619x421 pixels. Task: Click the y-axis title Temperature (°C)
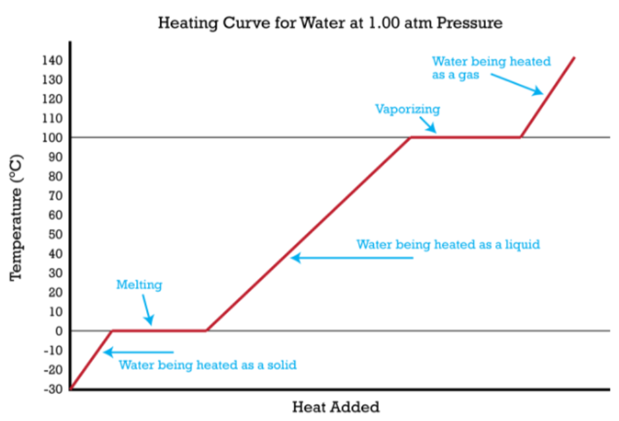coord(18,217)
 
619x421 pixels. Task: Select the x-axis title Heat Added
coord(335,407)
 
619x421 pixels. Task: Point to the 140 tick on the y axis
coord(53,60)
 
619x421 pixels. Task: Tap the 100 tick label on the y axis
coord(53,138)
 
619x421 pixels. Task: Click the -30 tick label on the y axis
coord(52,389)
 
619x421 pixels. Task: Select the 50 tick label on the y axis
coord(55,234)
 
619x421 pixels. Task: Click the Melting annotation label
coord(139,284)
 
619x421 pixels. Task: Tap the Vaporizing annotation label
coord(407,109)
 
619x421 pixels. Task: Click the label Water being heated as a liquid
coord(448,245)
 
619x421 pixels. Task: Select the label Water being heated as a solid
coord(208,365)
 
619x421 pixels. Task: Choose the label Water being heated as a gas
coord(491,68)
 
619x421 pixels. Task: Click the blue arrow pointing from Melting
coord(147,309)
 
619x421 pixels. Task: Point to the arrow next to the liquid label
coord(351,258)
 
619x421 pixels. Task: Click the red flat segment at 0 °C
coord(159,331)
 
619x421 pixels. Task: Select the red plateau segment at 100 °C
coord(465,137)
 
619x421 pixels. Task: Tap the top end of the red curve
coord(574,58)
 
